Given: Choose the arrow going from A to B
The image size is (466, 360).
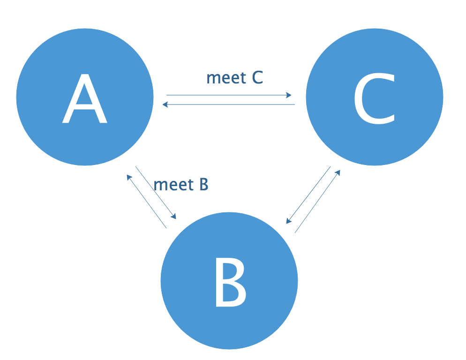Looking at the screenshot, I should (156, 192).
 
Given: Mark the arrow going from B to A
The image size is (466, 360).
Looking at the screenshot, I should (147, 202).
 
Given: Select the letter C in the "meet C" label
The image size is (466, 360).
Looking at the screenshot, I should (257, 78).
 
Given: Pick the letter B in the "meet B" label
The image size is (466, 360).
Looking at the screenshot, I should (203, 185).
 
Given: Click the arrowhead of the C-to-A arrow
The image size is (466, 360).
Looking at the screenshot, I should (165, 104).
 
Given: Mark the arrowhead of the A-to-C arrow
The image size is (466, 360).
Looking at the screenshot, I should (289, 95).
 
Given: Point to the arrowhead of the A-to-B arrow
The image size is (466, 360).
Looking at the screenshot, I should (174, 217).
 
